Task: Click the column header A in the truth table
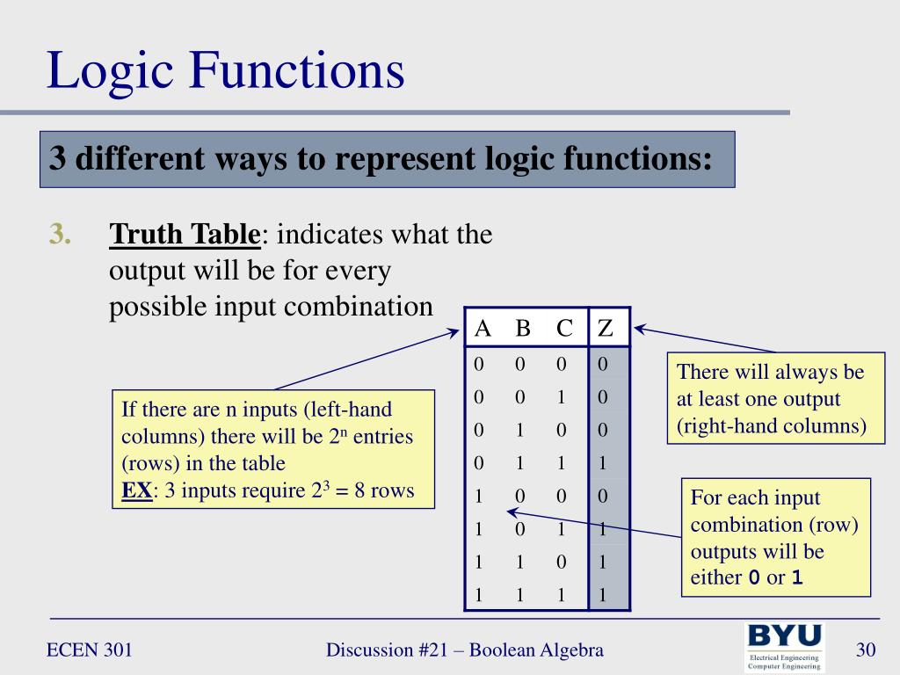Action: coord(483,329)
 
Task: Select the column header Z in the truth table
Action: coord(605,329)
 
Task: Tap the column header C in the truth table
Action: coord(564,329)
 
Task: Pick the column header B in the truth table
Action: coord(523,329)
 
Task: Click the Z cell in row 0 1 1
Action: coord(603,463)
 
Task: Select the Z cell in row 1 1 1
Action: coord(603,595)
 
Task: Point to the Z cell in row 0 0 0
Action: coord(603,363)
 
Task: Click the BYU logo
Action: coord(785,648)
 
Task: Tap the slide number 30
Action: coord(867,650)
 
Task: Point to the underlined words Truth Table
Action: coord(185,235)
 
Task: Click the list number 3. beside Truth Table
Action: coord(60,235)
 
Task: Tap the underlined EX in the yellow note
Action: coord(136,490)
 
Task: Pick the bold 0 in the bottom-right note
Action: coord(753,578)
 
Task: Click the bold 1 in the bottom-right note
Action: coord(797,578)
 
